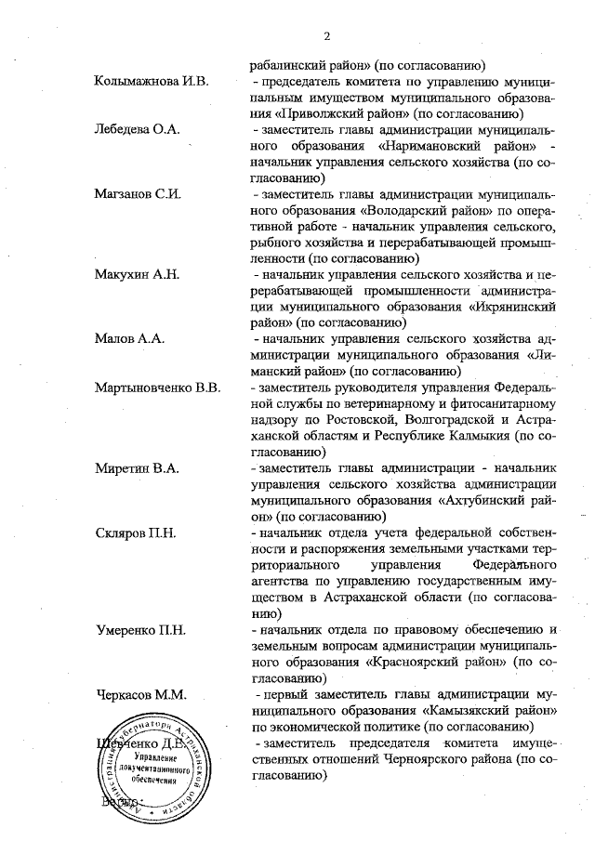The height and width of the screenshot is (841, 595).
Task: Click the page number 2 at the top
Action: pos(327,36)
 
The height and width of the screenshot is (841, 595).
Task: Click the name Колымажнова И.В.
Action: pos(152,82)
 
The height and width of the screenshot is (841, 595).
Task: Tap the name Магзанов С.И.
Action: pos(137,194)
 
